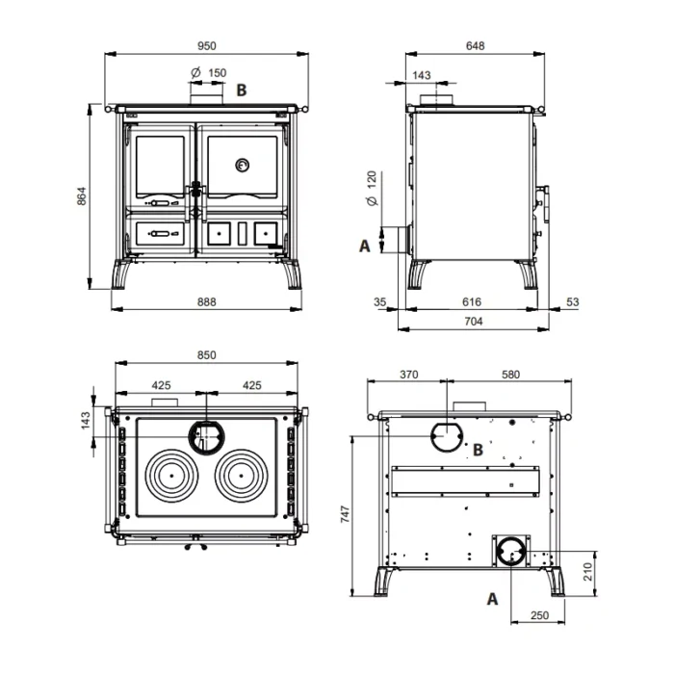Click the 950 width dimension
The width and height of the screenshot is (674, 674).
coord(207,46)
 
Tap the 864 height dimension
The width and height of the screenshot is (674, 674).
coord(82,196)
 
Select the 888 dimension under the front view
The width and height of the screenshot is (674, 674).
coord(207,302)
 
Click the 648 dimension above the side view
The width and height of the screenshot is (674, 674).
coord(475,46)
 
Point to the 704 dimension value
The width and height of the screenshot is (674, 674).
coord(474,322)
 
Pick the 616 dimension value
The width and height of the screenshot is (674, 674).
coord(472,302)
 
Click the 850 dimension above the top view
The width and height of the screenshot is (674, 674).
coord(207,355)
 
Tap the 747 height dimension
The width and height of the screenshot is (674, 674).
coord(345,514)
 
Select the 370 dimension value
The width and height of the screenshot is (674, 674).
coord(409,375)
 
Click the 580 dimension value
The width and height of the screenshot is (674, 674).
coord(510,375)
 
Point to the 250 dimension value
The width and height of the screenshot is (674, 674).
coord(539,615)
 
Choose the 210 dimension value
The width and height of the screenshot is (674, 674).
coord(588,572)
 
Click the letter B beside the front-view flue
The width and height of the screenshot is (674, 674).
coord(242,91)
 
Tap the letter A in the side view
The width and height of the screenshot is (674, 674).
coord(365,246)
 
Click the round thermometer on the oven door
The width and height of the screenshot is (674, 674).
coord(243,165)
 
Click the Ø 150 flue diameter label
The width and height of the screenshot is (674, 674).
coord(209,73)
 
